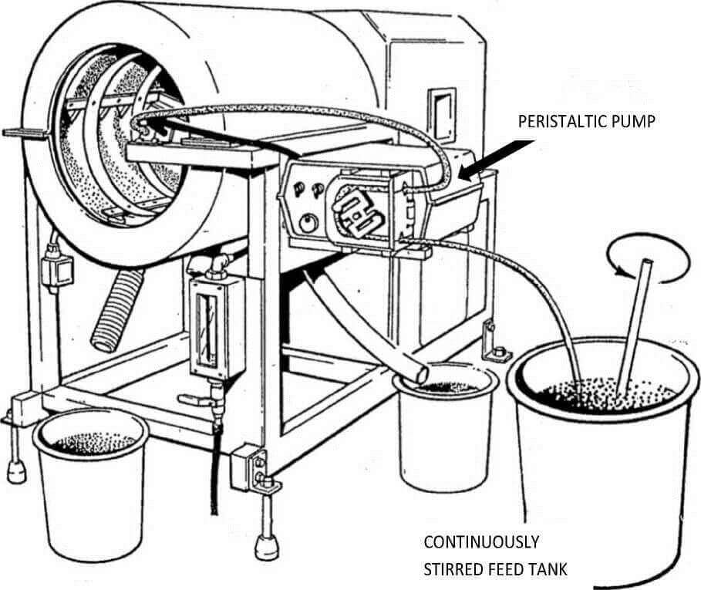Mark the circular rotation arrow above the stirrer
pos(647,261)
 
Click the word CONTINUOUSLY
pos(482,541)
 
